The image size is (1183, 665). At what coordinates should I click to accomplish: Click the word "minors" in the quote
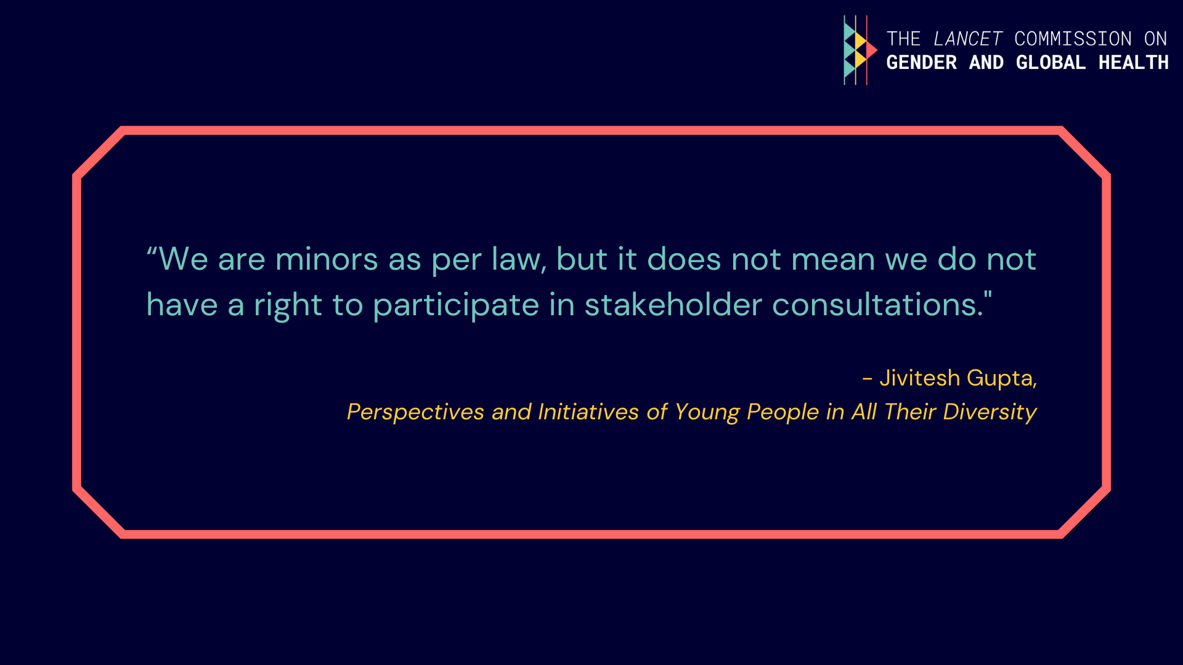(327, 259)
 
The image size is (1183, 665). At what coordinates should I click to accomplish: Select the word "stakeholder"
(673, 305)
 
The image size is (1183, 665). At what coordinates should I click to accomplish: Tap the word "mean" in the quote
(833, 260)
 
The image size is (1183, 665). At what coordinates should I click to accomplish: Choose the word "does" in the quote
(684, 259)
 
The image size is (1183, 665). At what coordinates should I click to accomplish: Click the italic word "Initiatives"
(588, 411)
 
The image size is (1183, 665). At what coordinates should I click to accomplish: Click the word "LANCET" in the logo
(968, 39)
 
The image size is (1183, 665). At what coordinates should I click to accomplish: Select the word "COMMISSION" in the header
(1073, 39)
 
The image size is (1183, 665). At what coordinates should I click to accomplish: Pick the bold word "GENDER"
(921, 62)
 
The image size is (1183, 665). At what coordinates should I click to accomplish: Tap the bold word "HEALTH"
(1133, 62)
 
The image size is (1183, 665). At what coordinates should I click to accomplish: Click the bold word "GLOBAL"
(1051, 62)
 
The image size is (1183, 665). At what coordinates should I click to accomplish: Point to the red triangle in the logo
(871, 50)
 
